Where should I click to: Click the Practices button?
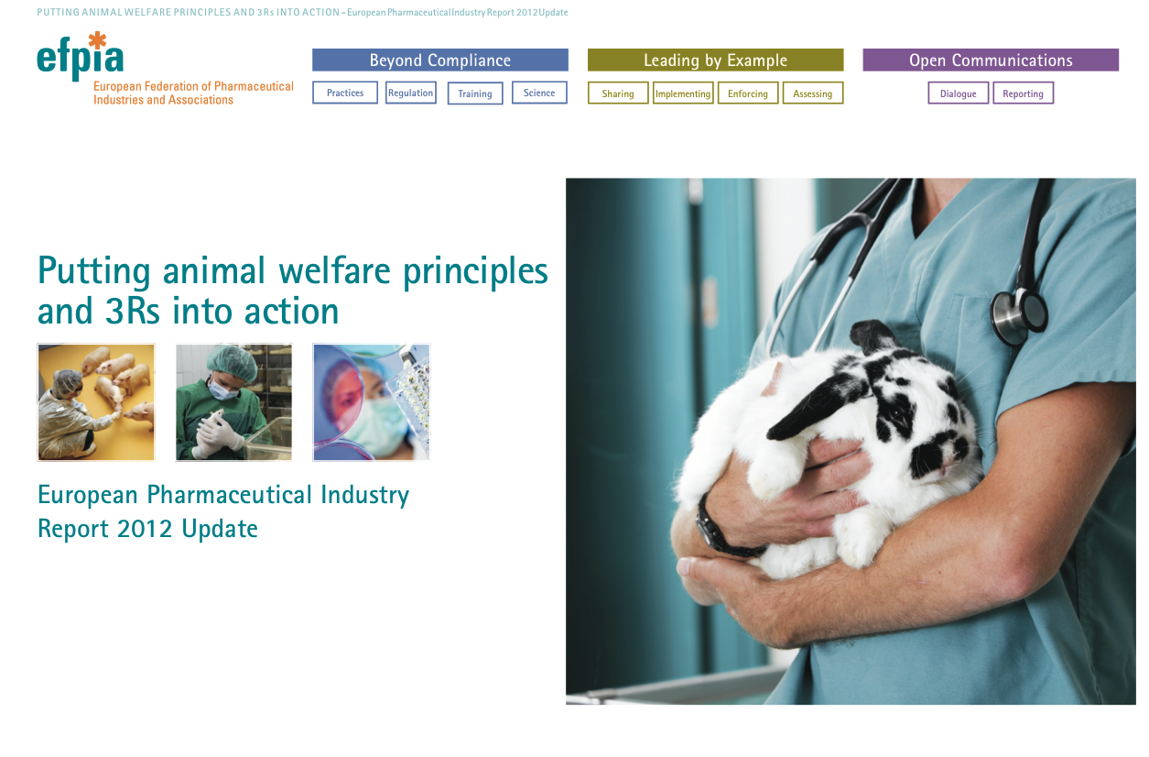click(344, 93)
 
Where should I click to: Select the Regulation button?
click(410, 93)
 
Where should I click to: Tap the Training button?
click(475, 93)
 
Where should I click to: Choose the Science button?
click(539, 93)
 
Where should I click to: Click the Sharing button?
click(618, 93)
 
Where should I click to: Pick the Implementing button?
click(683, 93)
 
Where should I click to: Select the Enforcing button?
click(748, 93)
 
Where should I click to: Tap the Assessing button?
click(813, 93)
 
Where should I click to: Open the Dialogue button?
click(959, 93)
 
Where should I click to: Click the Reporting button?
click(1024, 93)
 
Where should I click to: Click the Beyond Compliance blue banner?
click(440, 60)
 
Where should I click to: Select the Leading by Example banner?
click(716, 60)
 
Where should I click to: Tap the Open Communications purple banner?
click(991, 60)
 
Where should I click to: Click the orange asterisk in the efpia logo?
click(97, 40)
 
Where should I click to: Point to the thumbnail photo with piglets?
click(96, 402)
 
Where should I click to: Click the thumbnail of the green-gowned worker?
click(233, 402)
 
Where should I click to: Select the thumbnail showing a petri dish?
click(372, 402)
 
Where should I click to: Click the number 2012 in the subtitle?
click(144, 529)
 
